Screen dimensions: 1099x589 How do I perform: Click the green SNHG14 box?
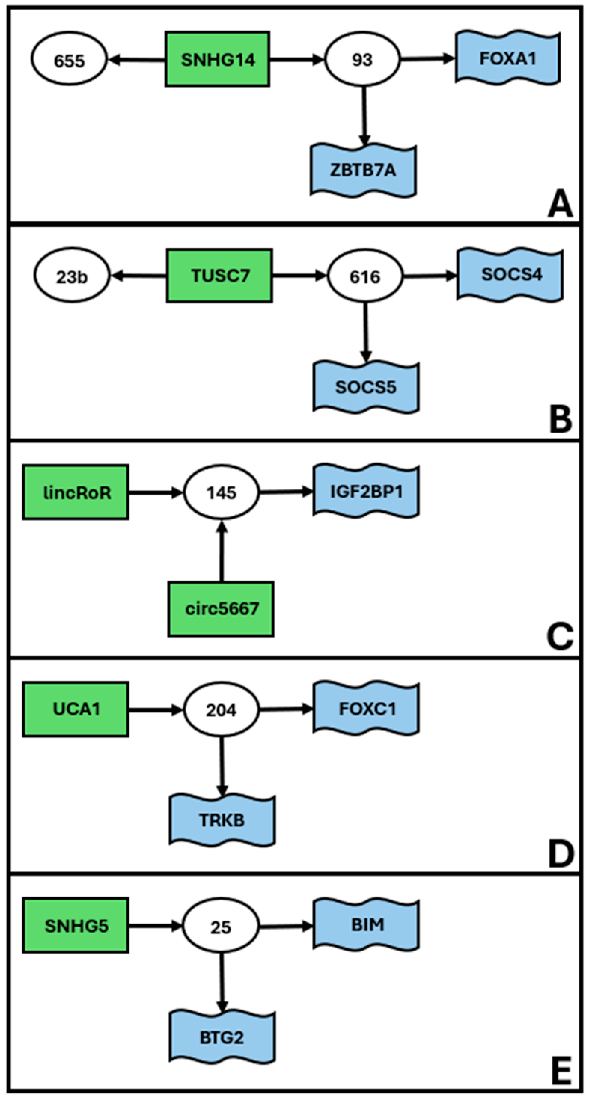(217, 59)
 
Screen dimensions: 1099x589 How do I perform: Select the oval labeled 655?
(69, 60)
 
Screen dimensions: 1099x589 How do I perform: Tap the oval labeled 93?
(362, 59)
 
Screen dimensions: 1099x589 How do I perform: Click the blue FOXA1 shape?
(507, 58)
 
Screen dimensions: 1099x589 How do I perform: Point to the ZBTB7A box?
(363, 170)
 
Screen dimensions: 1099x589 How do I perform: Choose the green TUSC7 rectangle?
(219, 276)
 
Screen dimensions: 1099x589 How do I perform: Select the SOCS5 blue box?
(366, 387)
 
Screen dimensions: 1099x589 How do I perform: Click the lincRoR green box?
(76, 492)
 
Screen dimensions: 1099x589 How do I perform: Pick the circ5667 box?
(221, 609)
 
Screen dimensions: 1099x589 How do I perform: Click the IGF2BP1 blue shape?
(366, 491)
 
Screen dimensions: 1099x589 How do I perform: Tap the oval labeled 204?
(221, 710)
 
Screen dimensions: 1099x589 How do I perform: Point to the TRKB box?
(222, 820)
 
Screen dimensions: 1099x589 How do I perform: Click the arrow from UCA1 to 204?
(155, 710)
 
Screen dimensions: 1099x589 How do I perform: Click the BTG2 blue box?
(222, 1037)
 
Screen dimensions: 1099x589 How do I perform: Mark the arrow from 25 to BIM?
(286, 926)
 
